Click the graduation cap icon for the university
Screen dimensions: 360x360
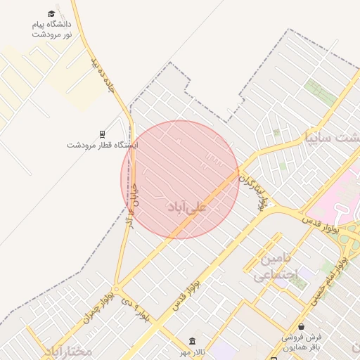coord(51,14)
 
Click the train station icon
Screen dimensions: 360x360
coord(103,134)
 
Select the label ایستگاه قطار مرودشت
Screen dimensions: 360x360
coord(103,145)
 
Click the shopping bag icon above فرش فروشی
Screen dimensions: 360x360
coord(302,327)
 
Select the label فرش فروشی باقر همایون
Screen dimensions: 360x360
coord(301,342)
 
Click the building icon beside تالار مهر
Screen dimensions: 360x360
coord(193,341)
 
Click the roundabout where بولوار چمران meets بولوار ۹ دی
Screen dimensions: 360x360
coord(117,289)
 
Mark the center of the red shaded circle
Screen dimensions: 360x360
coord(180,179)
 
